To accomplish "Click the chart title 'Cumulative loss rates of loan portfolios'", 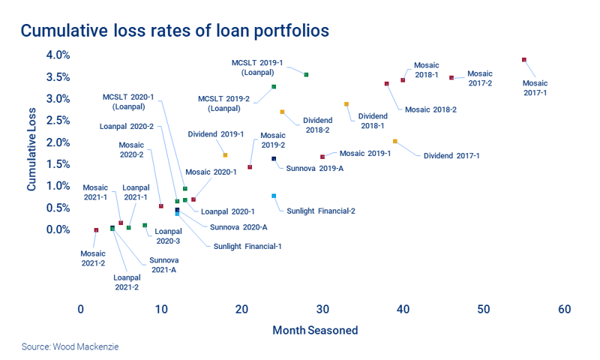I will click(x=175, y=31).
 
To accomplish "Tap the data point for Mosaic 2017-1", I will click(x=524, y=60).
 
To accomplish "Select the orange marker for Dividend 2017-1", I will click(x=395, y=141).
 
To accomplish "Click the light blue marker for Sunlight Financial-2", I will click(x=274, y=196).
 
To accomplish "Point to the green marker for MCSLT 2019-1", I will click(x=306, y=75).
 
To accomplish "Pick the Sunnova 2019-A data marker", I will click(x=274, y=159).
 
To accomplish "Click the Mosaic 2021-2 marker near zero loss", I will click(x=96, y=230).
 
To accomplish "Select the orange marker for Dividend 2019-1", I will click(x=225, y=155).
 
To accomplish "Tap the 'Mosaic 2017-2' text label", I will click(x=479, y=78).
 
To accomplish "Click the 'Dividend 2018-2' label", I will click(x=316, y=124).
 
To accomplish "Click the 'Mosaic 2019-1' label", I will click(x=365, y=153).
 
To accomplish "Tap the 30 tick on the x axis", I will click(x=322, y=310).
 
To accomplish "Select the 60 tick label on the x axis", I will click(x=565, y=310).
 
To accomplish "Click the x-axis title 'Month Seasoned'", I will click(x=315, y=330).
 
